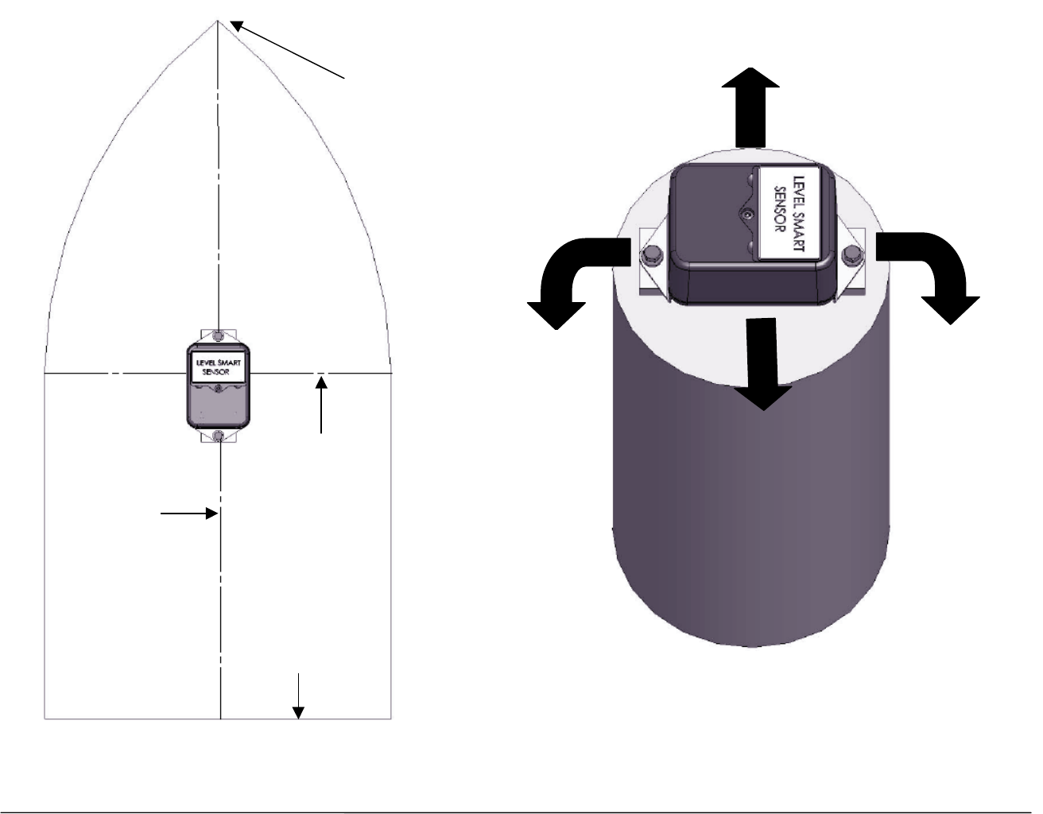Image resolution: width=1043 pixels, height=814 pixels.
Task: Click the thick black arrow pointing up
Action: [x=750, y=108]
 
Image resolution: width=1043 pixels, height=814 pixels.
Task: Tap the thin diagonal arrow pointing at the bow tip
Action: [x=287, y=49]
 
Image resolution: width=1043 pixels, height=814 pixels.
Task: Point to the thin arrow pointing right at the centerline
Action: [x=189, y=514]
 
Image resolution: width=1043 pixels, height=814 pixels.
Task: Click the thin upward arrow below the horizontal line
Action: [x=321, y=405]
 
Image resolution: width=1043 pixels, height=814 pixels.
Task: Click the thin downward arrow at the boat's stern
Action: [x=298, y=696]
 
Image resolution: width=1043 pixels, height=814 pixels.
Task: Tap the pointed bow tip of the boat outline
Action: [x=218, y=21]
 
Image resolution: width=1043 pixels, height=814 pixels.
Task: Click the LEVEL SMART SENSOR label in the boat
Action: [x=219, y=367]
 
